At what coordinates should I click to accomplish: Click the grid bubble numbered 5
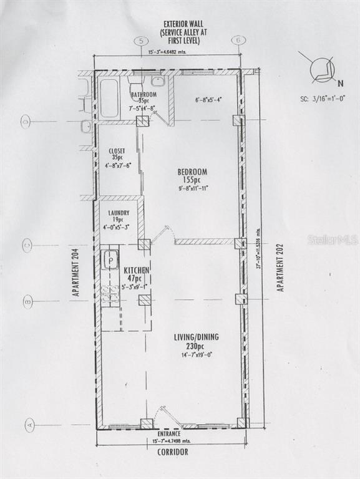click(141, 41)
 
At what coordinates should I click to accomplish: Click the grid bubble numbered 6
click(238, 40)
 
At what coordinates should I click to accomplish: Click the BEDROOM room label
click(192, 172)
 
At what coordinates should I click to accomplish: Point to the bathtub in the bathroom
click(109, 98)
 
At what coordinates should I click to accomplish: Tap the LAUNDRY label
click(119, 213)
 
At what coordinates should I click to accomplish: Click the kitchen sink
click(110, 258)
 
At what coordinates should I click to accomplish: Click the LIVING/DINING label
click(196, 337)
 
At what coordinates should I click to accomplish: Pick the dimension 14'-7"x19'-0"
click(196, 355)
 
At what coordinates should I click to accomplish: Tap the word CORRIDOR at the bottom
click(172, 452)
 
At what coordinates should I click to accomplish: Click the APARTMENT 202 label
click(281, 267)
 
